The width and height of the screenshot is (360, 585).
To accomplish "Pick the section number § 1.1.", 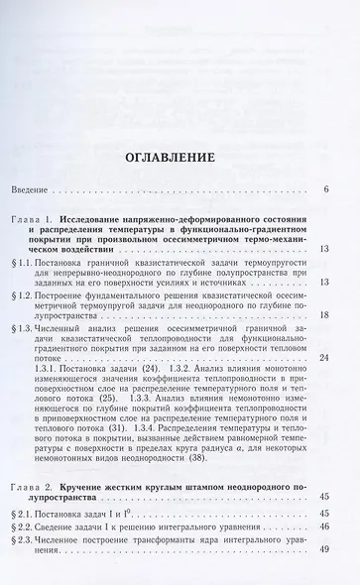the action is (x=35, y=253).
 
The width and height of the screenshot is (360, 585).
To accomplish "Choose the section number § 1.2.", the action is (x=35, y=294).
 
